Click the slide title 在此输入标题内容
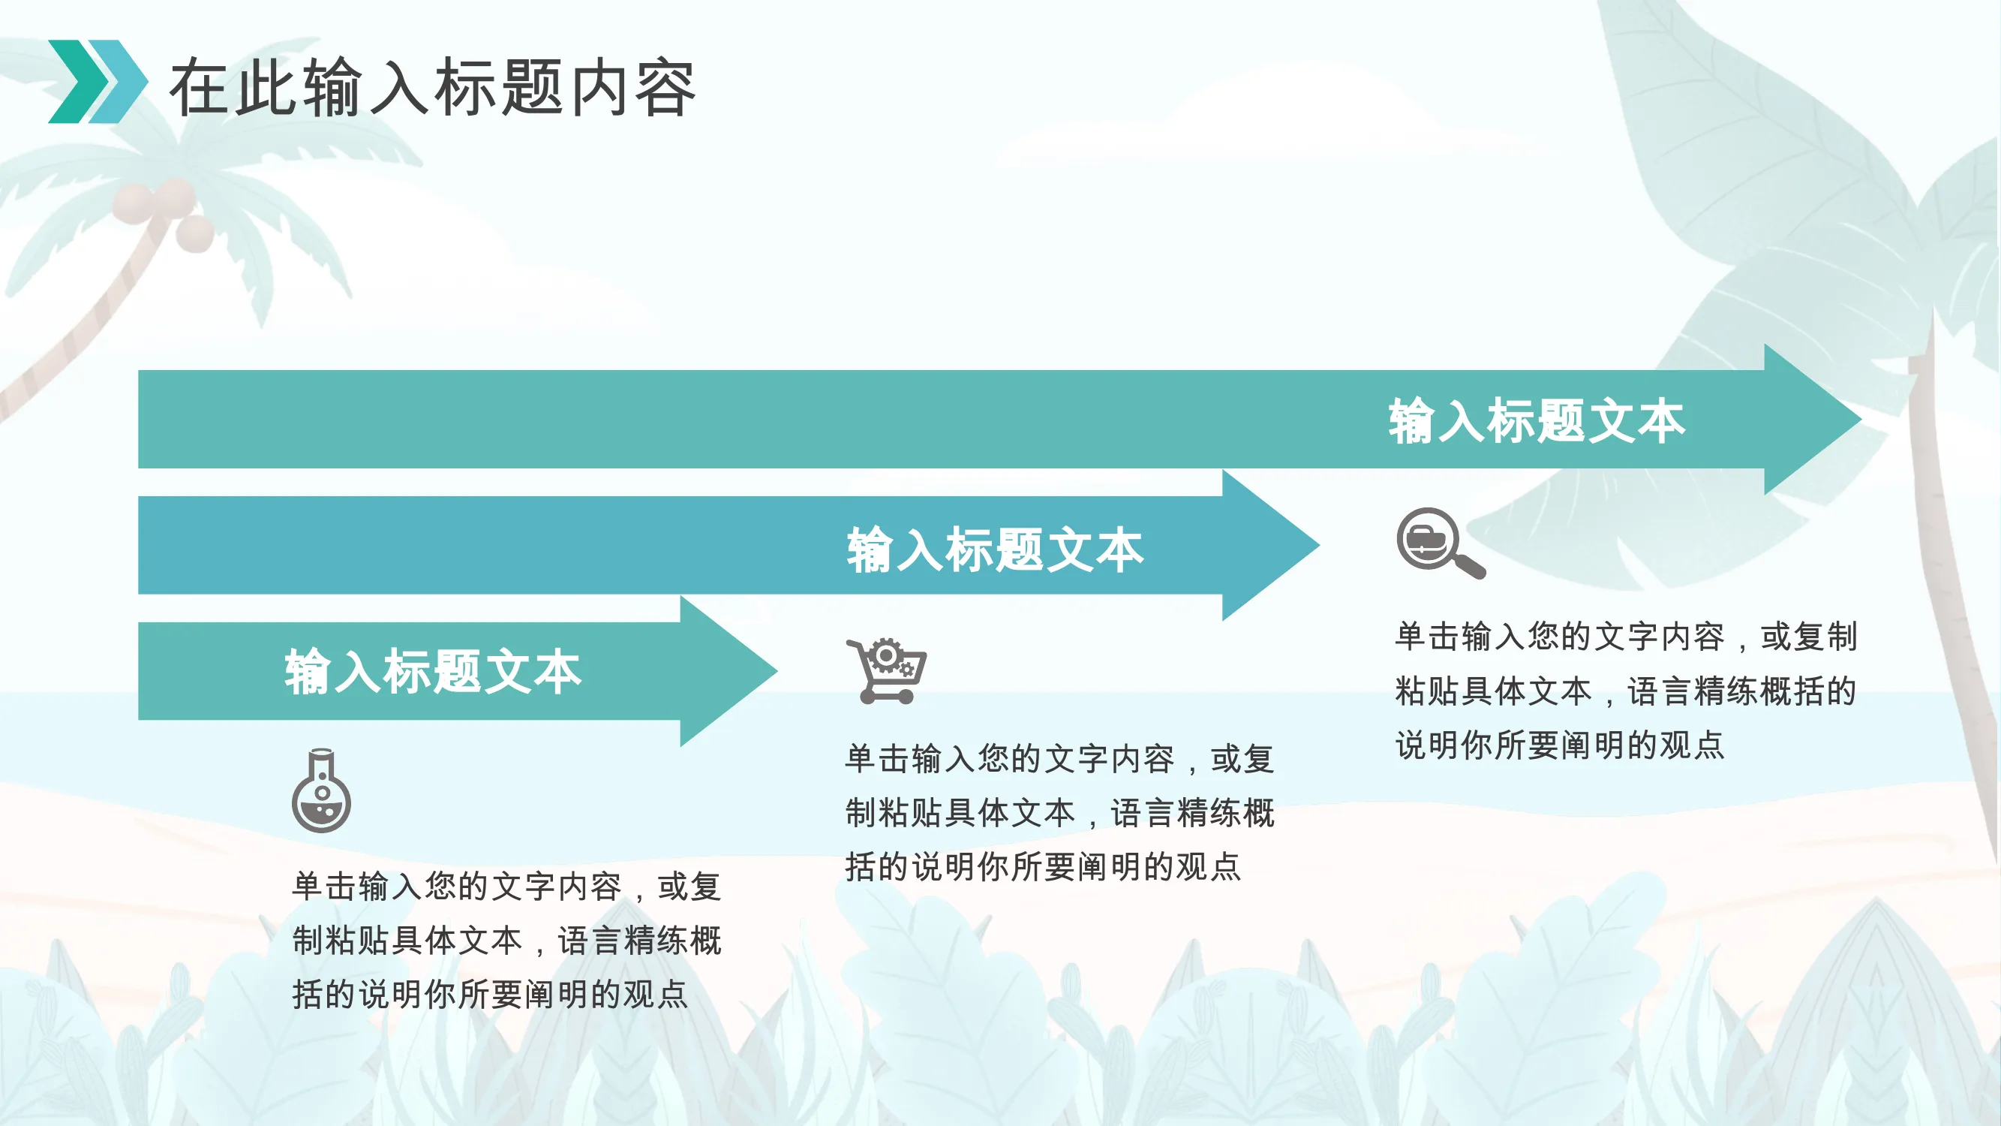[x=432, y=87]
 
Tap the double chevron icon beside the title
[x=98, y=82]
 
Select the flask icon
[x=321, y=790]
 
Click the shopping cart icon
[x=886, y=670]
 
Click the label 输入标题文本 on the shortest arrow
[x=433, y=671]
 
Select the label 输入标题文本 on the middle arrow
[x=995, y=549]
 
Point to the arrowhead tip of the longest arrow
[x=1861, y=419]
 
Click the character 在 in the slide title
[x=201, y=88]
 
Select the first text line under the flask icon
[x=506, y=886]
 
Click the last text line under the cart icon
[x=1042, y=866]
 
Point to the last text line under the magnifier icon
[x=1559, y=745]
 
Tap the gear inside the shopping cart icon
[x=885, y=657]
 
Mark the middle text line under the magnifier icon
[x=1626, y=691]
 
